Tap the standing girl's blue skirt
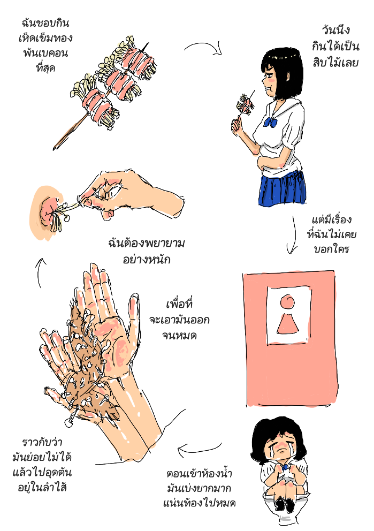(283, 188)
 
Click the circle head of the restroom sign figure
(288, 301)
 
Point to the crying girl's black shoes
(284, 505)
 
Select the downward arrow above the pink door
(292, 235)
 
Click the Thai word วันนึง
(335, 31)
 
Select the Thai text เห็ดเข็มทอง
(45, 37)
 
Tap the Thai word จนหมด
(179, 335)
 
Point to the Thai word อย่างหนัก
(146, 260)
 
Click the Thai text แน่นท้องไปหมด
(200, 503)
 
